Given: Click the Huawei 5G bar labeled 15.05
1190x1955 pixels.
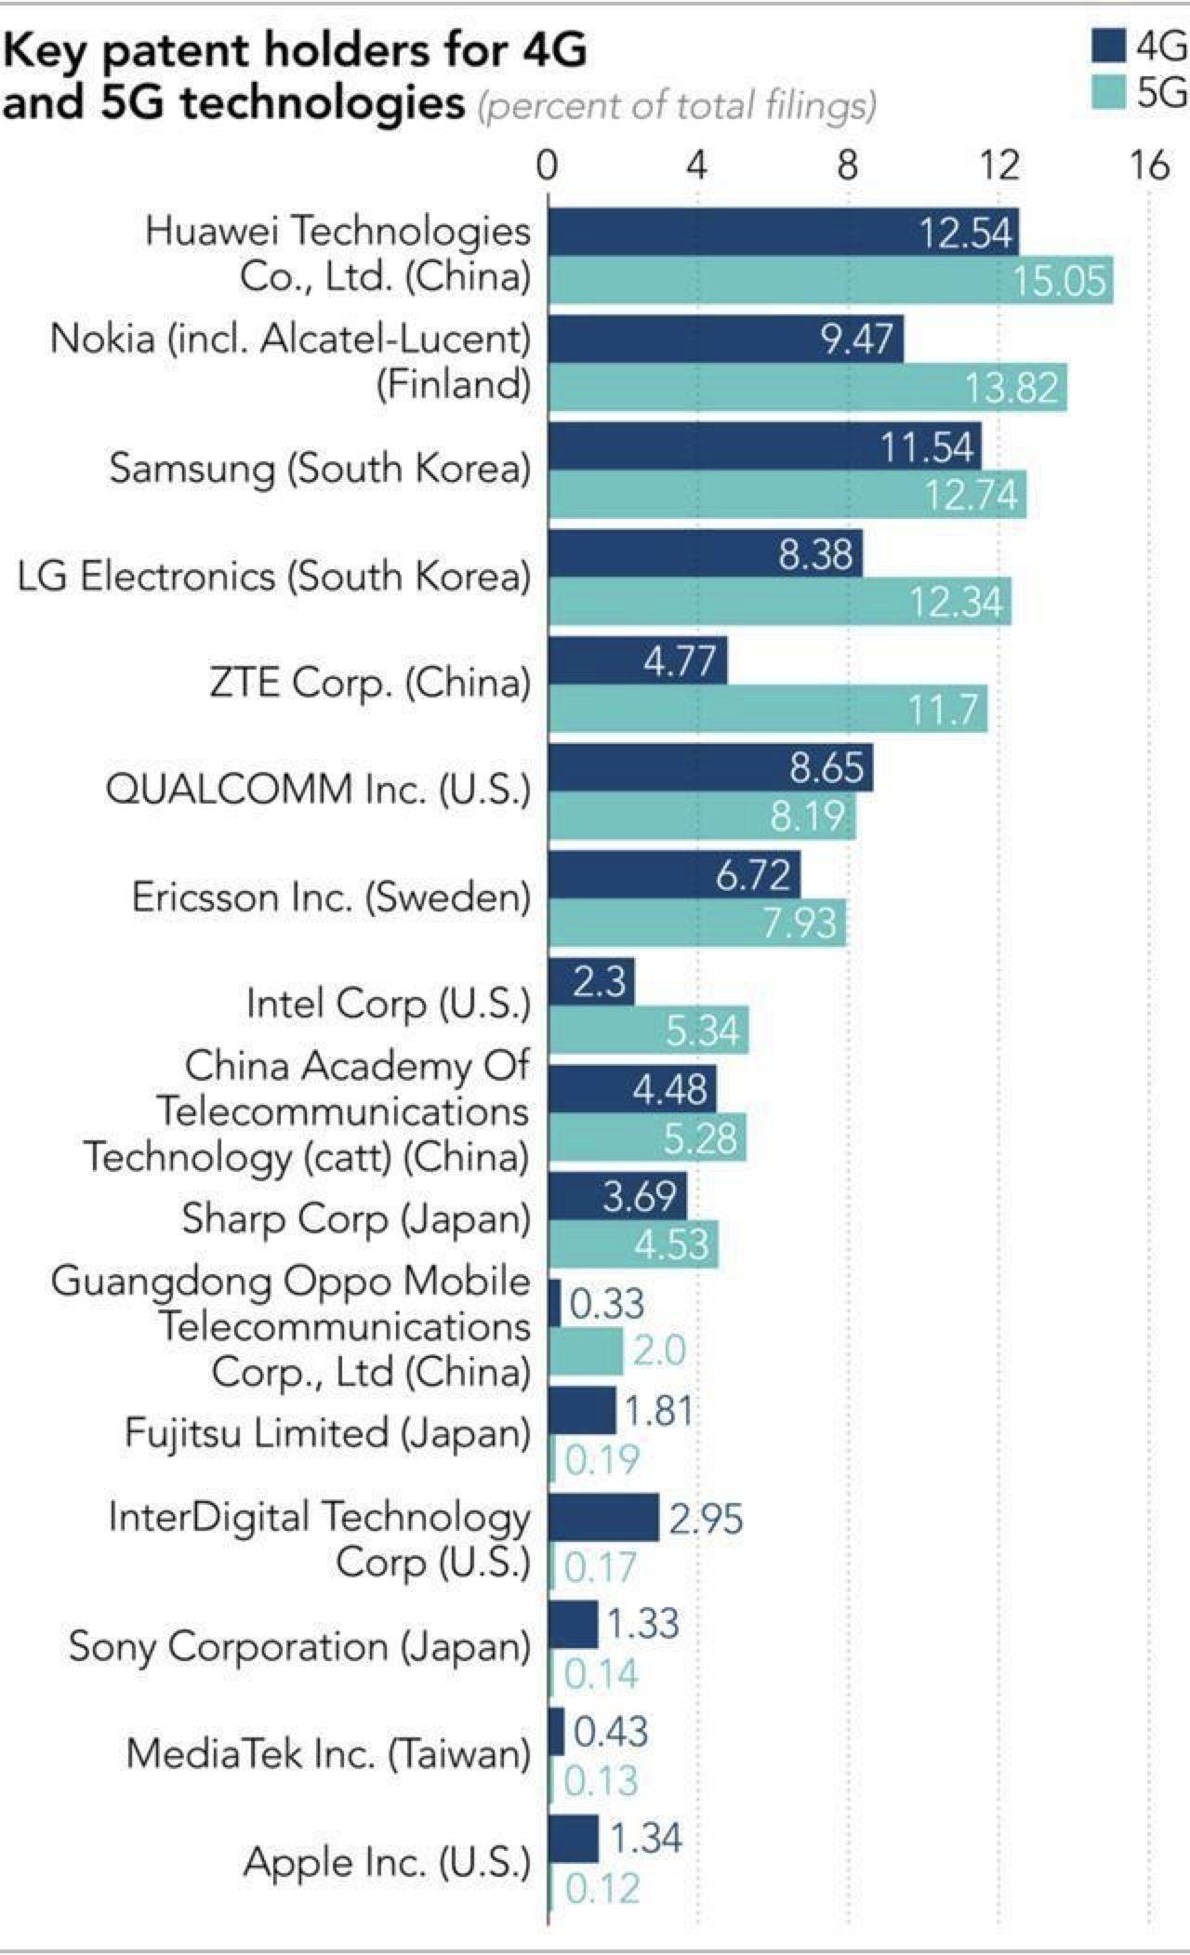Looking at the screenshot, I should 830,280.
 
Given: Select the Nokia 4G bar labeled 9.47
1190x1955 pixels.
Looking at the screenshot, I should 725,339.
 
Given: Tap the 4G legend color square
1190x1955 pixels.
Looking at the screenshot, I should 1108,47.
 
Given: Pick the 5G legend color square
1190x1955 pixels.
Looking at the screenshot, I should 1108,92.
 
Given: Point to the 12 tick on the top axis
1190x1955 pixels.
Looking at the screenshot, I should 999,166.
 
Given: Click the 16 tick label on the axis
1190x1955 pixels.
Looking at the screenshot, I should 1149,166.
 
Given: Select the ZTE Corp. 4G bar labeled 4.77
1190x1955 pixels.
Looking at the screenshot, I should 637,660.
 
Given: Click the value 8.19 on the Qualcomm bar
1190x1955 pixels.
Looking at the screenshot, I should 807,817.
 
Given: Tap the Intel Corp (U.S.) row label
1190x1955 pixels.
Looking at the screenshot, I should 388,1004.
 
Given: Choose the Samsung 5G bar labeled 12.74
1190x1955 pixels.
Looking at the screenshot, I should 787,494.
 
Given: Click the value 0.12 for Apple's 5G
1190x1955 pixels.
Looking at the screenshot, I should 602,1888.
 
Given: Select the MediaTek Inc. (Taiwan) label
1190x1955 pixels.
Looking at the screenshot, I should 328,1754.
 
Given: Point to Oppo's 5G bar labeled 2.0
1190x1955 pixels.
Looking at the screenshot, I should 586,1350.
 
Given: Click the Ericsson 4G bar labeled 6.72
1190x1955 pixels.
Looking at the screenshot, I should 673,875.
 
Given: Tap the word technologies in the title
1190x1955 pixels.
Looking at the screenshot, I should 323,102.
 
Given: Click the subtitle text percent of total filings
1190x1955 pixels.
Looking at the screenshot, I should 676,106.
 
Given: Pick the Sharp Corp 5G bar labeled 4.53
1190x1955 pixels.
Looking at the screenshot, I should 632,1243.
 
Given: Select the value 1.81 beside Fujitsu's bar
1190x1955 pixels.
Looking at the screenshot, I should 658,1412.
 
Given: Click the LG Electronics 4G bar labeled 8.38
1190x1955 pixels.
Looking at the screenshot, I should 705,554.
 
